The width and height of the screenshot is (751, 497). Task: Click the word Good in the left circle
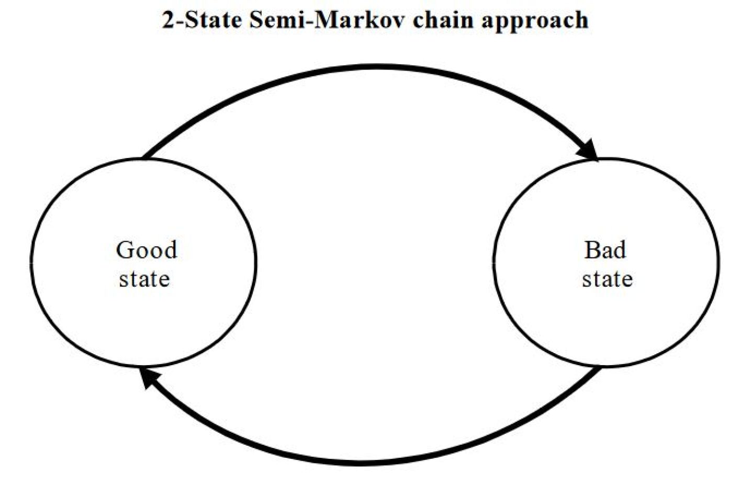[147, 250]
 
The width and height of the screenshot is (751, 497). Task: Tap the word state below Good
[144, 278]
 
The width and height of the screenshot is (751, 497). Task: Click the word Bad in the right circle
[605, 250]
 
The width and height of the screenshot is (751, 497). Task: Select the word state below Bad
[607, 278]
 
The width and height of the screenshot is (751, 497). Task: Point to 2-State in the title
[201, 20]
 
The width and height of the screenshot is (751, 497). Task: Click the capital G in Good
[125, 250]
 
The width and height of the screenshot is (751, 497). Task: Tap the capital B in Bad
[591, 250]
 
